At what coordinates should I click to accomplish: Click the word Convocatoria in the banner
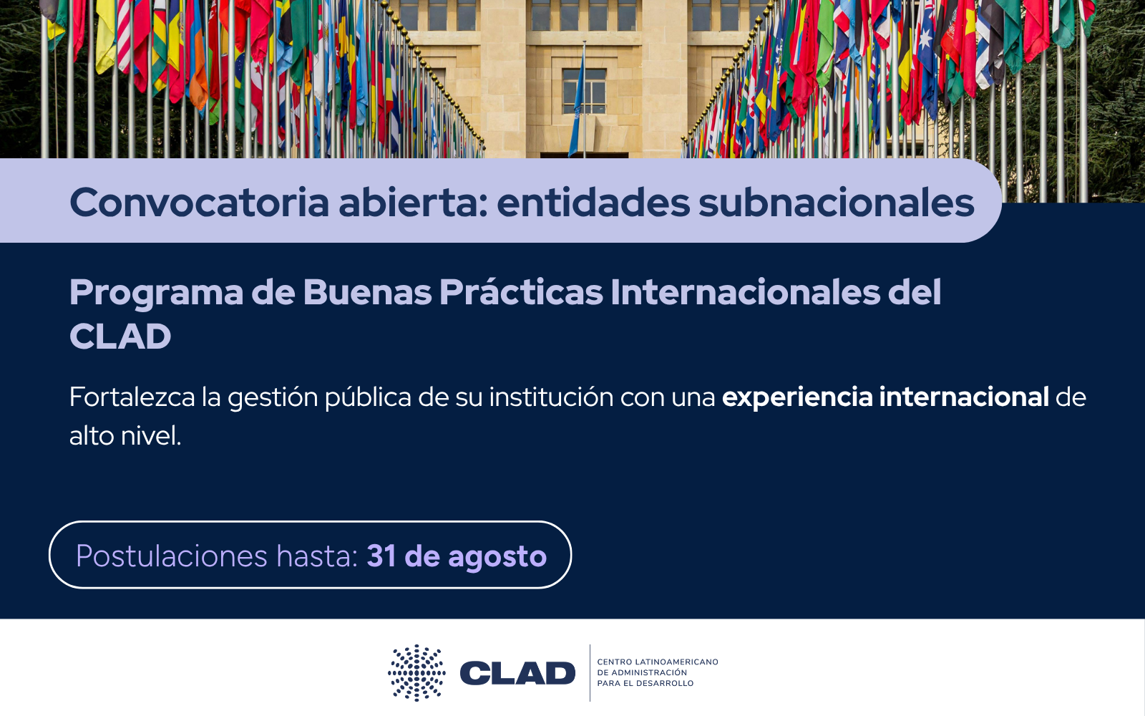200,203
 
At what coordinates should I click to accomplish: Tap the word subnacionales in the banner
837,203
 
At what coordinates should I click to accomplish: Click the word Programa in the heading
156,294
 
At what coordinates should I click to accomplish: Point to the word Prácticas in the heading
521,292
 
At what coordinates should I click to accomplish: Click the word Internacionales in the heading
745,292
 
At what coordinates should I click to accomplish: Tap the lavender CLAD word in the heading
120,337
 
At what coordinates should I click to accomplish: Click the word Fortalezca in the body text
132,397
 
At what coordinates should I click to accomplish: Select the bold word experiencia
797,398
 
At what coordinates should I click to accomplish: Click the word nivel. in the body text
151,436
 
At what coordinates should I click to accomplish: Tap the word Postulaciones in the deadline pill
172,556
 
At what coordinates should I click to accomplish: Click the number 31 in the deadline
381,556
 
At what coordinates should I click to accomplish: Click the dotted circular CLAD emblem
416,672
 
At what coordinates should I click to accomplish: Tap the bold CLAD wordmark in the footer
517,673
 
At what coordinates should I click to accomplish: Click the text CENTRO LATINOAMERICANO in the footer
658,662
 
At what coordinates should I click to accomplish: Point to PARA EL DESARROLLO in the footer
645,683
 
